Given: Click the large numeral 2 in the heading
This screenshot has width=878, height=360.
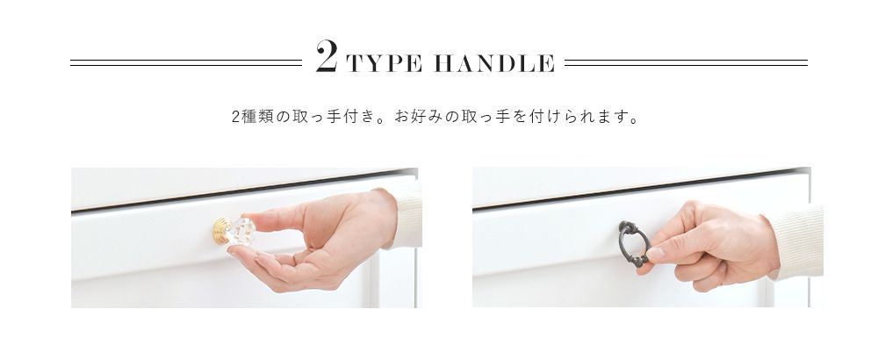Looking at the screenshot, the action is tap(327, 56).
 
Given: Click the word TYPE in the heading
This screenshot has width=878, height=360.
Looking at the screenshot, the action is tap(385, 63).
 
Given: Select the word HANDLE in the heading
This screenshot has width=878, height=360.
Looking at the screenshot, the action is tap(494, 63).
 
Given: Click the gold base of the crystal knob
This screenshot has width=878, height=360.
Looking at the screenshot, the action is tap(220, 231).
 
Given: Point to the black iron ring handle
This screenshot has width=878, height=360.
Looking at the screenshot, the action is tap(634, 243).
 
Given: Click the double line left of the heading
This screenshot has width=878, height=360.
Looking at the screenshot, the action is tap(186, 62).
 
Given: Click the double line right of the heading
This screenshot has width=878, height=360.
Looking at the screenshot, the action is tap(686, 62).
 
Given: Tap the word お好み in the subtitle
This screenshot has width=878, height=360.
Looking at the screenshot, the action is tap(419, 118).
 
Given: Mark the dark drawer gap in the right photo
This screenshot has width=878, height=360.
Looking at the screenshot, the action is tap(639, 189).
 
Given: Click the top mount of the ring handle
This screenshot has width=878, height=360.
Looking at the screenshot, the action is tap(627, 227).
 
